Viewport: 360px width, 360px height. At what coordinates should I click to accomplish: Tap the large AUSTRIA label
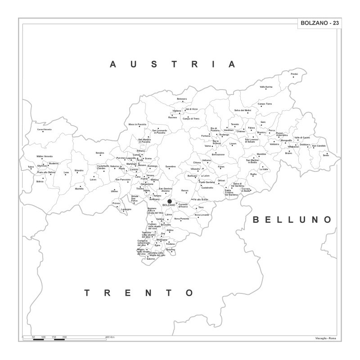[173, 64]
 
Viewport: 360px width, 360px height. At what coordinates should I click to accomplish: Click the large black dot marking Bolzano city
[170, 201]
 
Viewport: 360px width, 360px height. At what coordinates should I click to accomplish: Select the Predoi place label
[294, 74]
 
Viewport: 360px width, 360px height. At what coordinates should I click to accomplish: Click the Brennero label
[182, 99]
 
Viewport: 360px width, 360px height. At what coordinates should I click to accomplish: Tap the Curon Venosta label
[45, 130]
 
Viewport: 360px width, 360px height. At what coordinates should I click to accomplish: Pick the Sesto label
[326, 155]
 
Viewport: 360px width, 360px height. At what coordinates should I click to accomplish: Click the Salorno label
[151, 259]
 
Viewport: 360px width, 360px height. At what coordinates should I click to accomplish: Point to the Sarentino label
[170, 166]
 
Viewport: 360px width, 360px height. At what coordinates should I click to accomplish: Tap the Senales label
[99, 153]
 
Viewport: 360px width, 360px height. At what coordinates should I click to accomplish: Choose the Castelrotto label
[207, 187]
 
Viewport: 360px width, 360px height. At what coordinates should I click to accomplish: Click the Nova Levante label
[202, 215]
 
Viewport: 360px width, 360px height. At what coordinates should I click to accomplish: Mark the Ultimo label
[114, 191]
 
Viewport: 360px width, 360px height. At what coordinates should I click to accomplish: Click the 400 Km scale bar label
[109, 337]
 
